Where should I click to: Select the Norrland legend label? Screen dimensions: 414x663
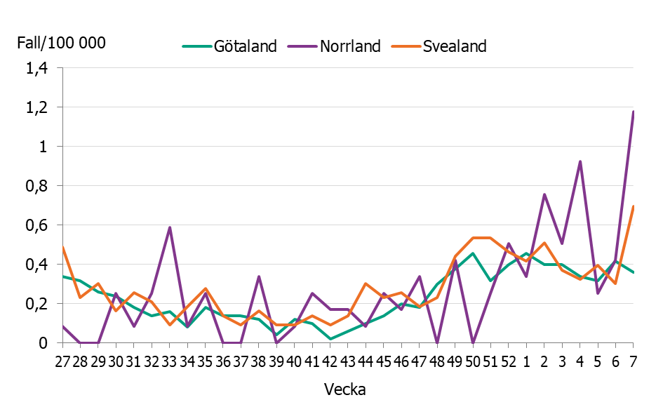[x=350, y=47]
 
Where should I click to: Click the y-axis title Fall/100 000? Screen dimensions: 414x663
[x=61, y=43]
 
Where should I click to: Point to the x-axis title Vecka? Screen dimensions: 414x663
[x=344, y=389]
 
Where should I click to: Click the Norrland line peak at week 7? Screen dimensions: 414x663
[x=633, y=112]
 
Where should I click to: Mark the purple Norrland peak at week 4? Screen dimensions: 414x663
[x=580, y=161]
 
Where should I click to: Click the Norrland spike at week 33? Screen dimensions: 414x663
[x=170, y=227]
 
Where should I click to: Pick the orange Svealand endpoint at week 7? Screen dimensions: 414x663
[x=633, y=206]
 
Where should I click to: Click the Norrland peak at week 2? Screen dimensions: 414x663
[x=544, y=194]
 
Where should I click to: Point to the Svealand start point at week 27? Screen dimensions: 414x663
[x=63, y=248]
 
